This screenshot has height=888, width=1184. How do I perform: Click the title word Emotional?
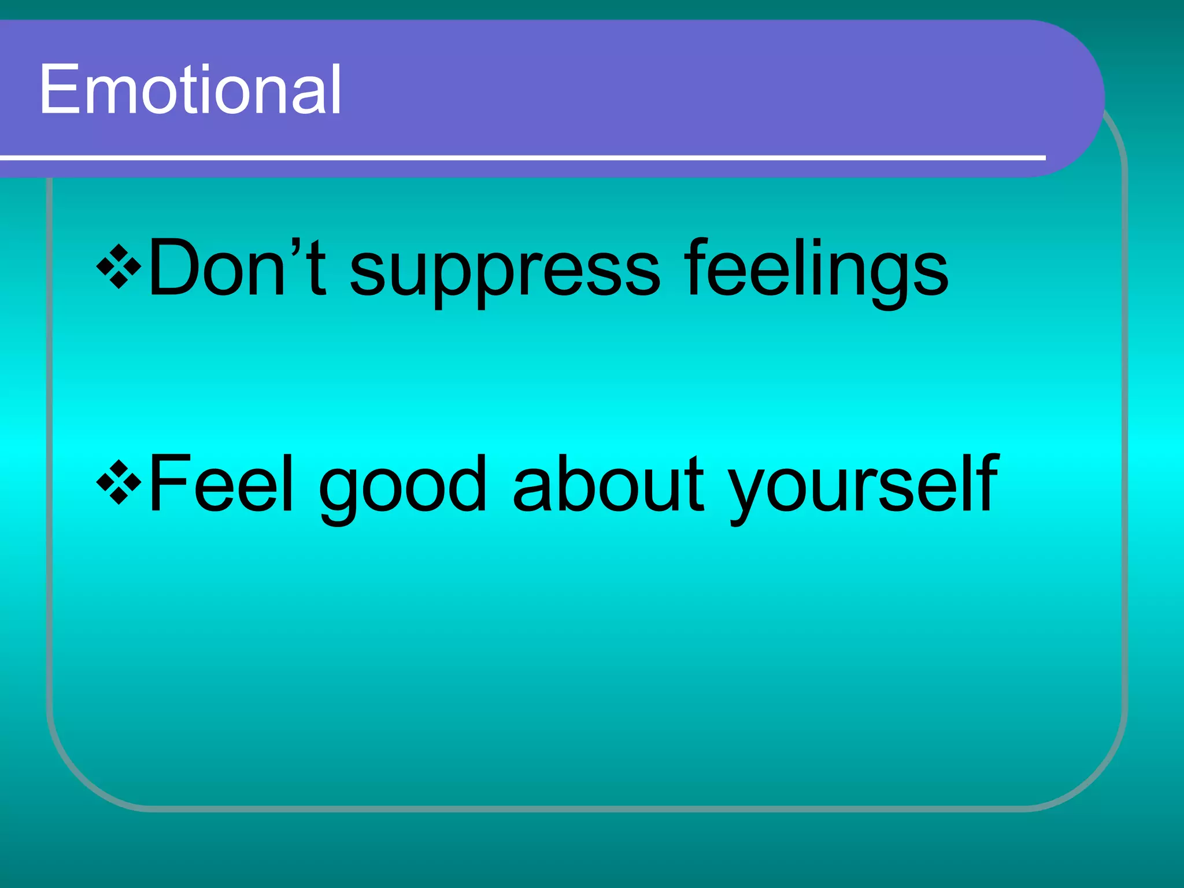pos(191,90)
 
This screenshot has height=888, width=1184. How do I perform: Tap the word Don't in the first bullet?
pos(237,269)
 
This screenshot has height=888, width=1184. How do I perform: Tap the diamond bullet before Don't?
pos(119,266)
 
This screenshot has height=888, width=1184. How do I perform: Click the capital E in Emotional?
pos(58,90)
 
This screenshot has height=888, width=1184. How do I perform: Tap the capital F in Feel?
pos(168,484)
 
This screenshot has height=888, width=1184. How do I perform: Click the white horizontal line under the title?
pos(520,157)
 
